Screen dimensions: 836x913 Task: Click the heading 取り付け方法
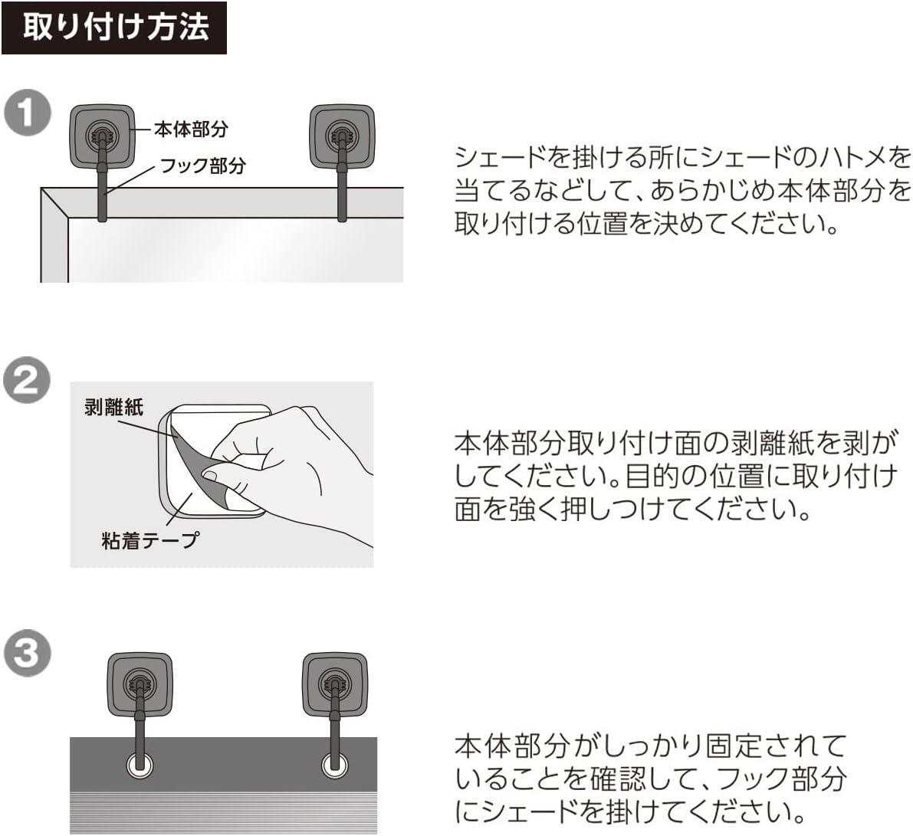[x=114, y=28]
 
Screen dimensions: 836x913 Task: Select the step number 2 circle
[x=27, y=381]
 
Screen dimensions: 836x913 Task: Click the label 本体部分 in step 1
[x=191, y=129]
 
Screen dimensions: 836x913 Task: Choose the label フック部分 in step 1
[x=202, y=166]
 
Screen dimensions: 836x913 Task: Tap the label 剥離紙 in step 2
[x=113, y=407]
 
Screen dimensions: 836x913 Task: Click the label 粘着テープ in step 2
[x=149, y=539]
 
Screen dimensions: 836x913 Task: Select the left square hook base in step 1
[x=102, y=136]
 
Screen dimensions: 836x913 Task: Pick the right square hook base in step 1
[x=342, y=136]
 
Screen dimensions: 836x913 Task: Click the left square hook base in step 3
[x=139, y=684]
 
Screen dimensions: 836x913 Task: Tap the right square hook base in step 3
[x=334, y=684]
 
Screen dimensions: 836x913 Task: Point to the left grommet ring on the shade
[x=139, y=764]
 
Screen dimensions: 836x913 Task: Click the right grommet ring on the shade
[x=334, y=764]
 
